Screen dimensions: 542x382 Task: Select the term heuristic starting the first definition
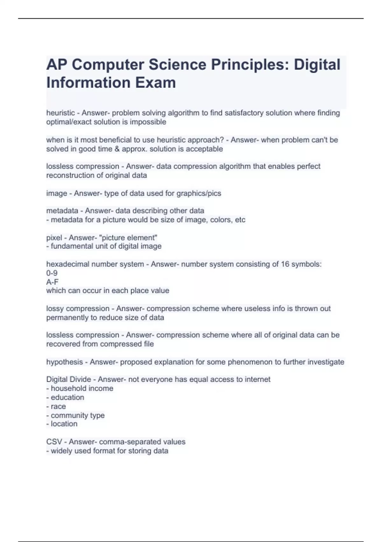[x=60, y=113]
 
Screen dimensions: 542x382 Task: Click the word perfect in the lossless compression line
[x=308, y=166]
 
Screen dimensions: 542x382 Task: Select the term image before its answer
[x=57, y=193]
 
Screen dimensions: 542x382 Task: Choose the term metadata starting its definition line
[x=62, y=211]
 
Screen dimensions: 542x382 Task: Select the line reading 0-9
[x=52, y=273]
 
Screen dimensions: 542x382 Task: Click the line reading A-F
[x=52, y=282]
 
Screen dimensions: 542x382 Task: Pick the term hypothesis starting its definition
[x=64, y=362]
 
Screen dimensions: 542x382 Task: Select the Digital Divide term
[x=68, y=379]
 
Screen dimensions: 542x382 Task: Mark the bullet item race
[x=58, y=406]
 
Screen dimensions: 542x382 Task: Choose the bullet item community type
[x=77, y=415]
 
